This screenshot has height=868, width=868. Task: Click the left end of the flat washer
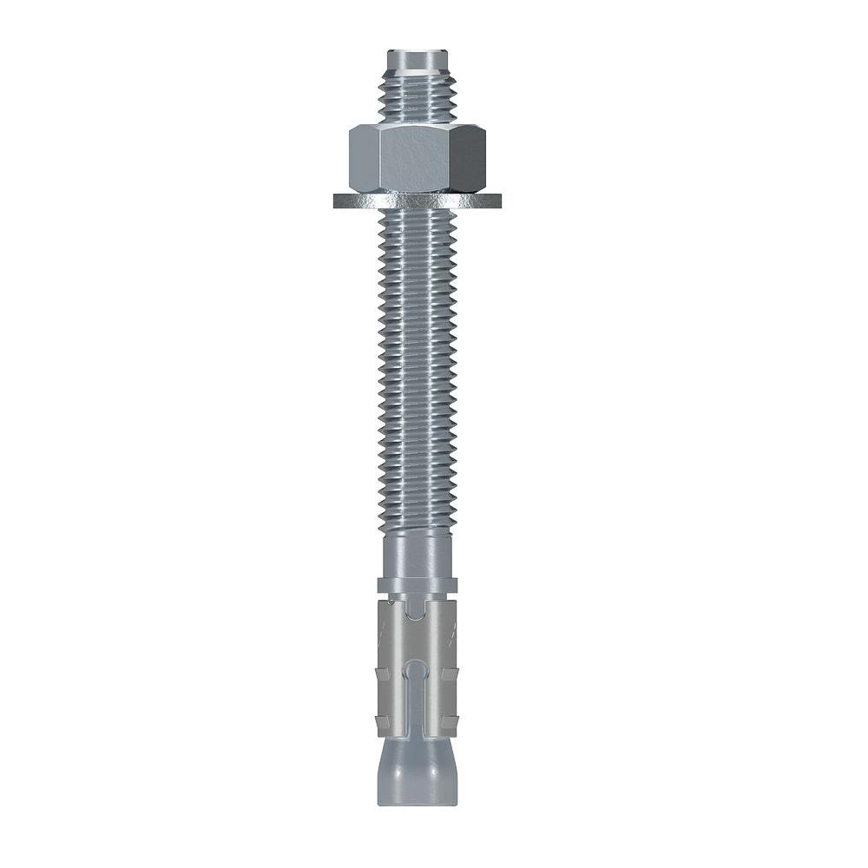click(339, 201)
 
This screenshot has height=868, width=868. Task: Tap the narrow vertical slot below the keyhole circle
click(418, 707)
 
